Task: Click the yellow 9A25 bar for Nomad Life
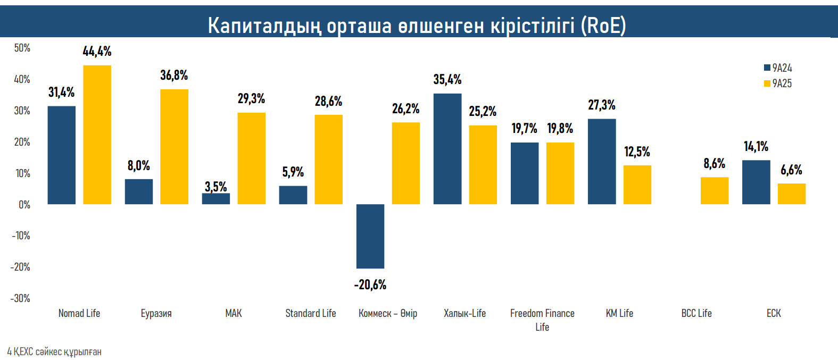click(97, 135)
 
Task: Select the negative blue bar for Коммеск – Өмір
click(370, 236)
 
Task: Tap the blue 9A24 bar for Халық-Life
click(447, 149)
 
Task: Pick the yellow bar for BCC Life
click(715, 190)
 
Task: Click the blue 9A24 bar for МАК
click(216, 198)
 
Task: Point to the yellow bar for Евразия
click(175, 147)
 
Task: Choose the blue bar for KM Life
click(602, 162)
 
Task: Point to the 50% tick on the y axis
click(22, 48)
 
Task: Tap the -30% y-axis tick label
click(21, 298)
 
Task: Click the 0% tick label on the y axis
click(24, 205)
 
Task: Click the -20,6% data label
click(370, 285)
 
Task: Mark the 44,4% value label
click(97, 52)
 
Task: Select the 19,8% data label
click(560, 128)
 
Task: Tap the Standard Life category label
click(311, 313)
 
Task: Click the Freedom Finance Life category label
click(542, 320)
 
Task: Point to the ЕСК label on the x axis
click(774, 313)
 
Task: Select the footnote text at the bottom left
click(54, 352)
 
